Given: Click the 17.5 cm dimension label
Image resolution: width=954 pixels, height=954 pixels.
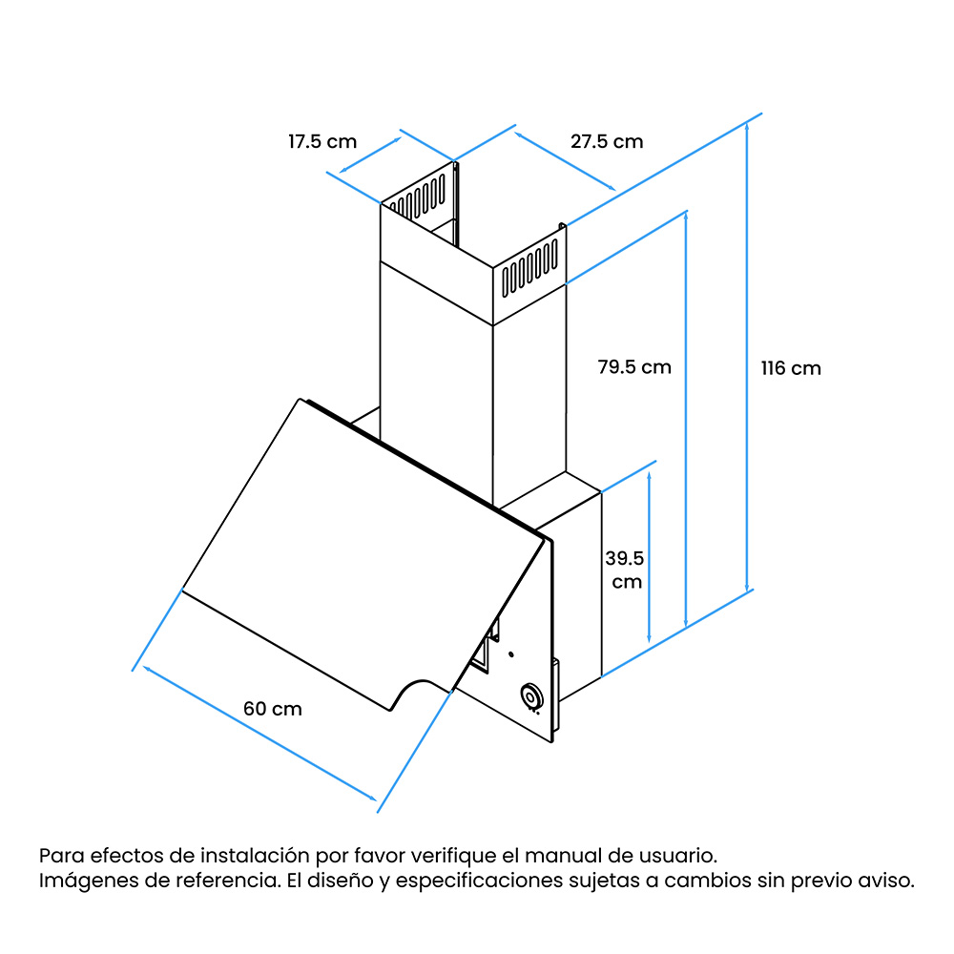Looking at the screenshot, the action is click(321, 142).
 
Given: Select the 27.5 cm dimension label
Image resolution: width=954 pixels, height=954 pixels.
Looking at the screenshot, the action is click(607, 142).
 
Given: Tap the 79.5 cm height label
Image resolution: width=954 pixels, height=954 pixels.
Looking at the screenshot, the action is click(634, 367).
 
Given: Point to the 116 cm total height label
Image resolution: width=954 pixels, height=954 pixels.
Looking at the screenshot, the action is click(791, 368).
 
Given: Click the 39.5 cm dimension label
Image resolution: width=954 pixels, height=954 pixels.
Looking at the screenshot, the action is click(625, 570).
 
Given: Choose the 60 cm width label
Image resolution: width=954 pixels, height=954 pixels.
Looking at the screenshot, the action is click(273, 709).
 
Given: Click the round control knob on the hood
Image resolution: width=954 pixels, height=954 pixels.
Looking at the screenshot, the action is click(531, 697).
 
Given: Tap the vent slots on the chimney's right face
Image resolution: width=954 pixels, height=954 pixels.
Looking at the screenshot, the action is click(529, 268).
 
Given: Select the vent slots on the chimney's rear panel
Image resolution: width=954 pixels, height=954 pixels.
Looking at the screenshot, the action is click(418, 197).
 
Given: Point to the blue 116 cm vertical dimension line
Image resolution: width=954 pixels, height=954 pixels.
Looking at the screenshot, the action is click(747, 357).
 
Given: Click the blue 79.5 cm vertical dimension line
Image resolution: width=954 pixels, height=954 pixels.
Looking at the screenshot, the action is click(686, 420).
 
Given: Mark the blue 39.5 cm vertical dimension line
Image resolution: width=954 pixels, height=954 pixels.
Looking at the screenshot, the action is click(649, 557).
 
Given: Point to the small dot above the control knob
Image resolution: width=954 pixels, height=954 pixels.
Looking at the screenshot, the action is click(511, 654).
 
